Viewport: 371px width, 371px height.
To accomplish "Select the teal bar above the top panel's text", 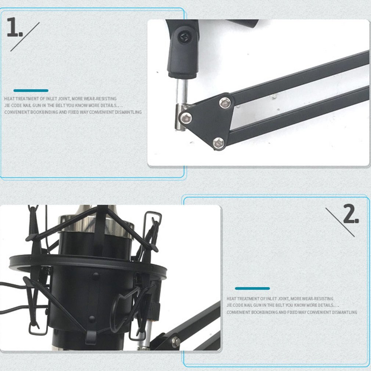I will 31,90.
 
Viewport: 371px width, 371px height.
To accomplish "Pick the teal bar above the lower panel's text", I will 252,288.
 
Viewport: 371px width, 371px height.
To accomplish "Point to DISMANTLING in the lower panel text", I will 343,312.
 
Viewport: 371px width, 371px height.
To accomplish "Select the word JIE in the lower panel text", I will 230,305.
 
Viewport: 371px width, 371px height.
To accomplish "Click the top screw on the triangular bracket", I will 224,102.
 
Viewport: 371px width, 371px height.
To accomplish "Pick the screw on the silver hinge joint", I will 186,118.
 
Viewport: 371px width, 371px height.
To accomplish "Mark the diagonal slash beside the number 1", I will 25,37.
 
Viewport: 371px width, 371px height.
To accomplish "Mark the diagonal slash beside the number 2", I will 340,222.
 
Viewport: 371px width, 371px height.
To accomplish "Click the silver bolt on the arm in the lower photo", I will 176,340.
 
